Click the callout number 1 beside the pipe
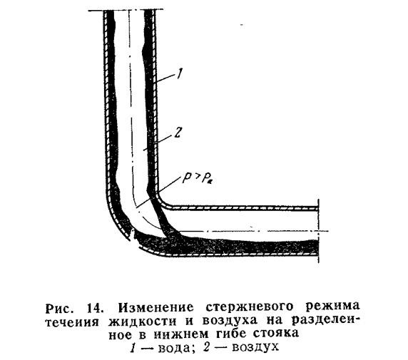179,74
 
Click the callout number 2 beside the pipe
177,133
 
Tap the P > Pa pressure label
197,178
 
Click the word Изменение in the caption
156,308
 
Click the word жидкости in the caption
143,322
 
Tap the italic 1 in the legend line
133,347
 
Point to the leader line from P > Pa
158,192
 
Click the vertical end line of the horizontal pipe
319,231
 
